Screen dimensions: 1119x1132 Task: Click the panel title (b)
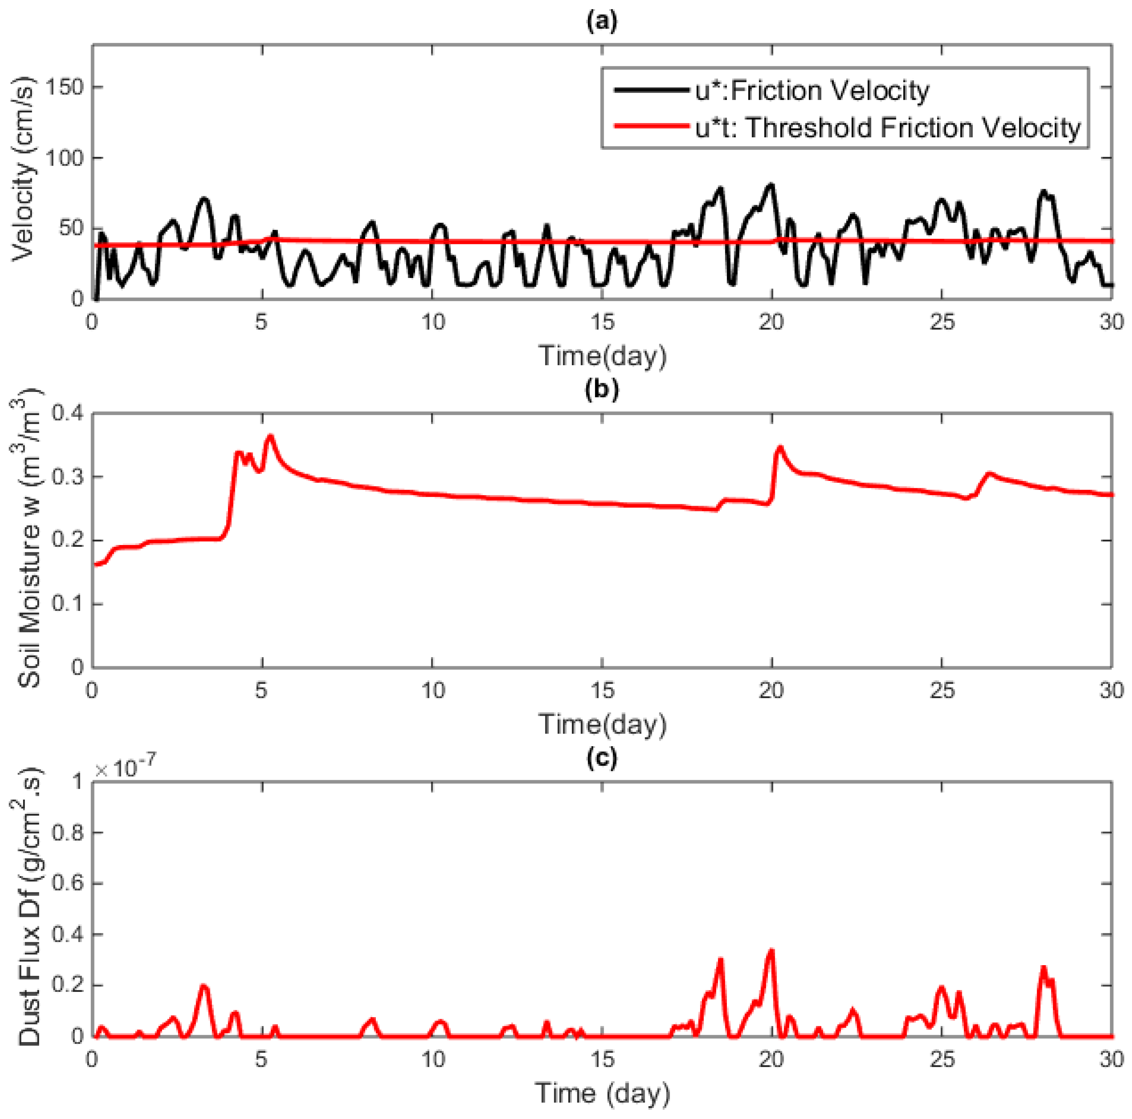tap(602, 390)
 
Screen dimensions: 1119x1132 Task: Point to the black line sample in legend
tap(650, 91)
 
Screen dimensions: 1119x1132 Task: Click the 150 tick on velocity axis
tap(64, 87)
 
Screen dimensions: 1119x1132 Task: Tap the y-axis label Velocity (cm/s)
tap(23, 170)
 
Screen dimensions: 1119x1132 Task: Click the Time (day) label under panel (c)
tap(602, 1093)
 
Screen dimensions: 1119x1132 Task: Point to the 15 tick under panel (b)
tap(602, 691)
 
